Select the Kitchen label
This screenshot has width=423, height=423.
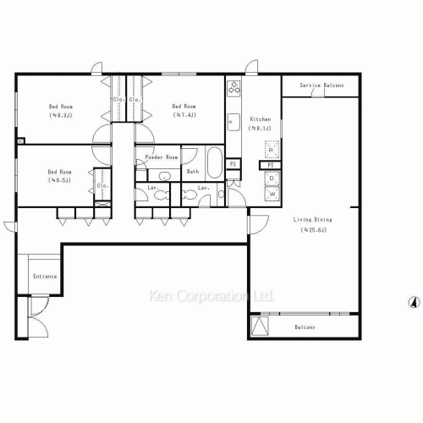(x=259, y=120)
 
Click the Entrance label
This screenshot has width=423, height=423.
(x=45, y=277)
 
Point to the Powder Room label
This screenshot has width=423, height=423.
(x=161, y=158)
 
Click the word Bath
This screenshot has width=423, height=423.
(x=193, y=172)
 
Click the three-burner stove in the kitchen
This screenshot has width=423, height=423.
(x=234, y=89)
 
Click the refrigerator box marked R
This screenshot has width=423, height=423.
(x=271, y=150)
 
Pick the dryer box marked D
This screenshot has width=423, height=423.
(x=272, y=179)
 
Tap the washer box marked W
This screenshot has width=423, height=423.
(x=272, y=194)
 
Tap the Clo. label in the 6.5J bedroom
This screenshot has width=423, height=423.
(x=102, y=185)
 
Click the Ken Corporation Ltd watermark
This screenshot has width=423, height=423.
(x=211, y=297)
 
